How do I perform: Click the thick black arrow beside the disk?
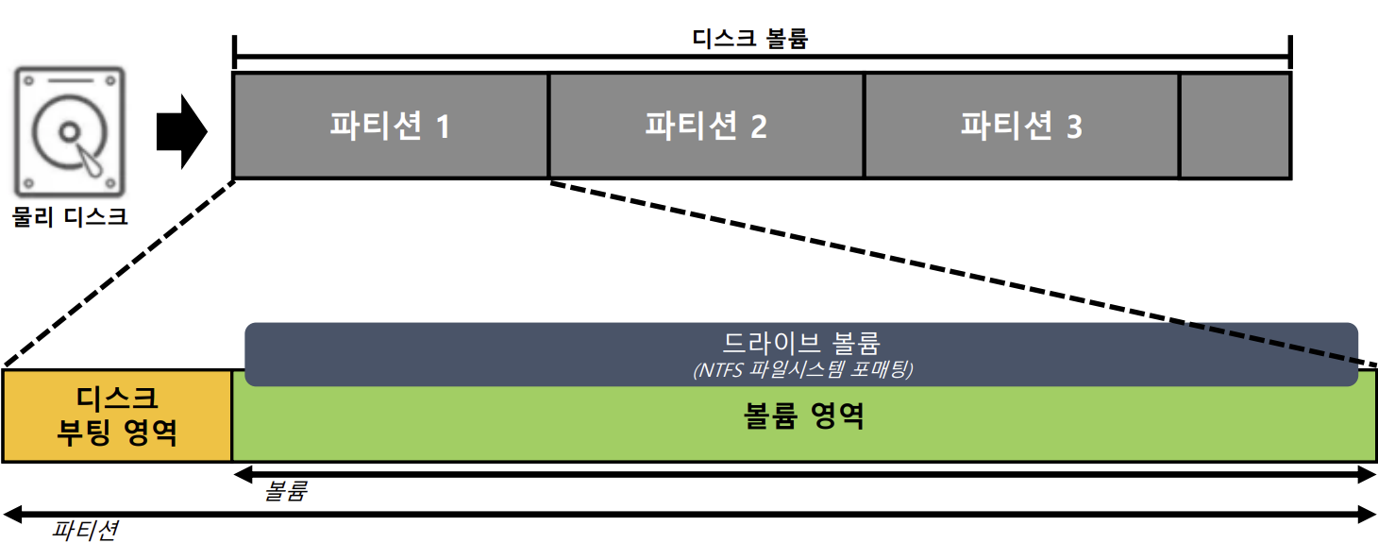pos(181,130)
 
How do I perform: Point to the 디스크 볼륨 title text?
pos(750,40)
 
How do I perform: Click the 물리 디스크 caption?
pos(70,217)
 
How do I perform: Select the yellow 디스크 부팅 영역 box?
pos(117,416)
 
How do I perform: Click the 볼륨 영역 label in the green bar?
pos(803,416)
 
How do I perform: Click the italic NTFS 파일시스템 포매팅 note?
pos(801,370)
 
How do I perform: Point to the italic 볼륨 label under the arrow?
pos(286,491)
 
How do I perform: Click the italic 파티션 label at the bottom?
pos(84,530)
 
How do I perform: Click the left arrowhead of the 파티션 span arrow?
pos(11,514)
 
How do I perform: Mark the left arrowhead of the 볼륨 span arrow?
pos(242,474)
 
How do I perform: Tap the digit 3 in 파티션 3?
pos(1073,127)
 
